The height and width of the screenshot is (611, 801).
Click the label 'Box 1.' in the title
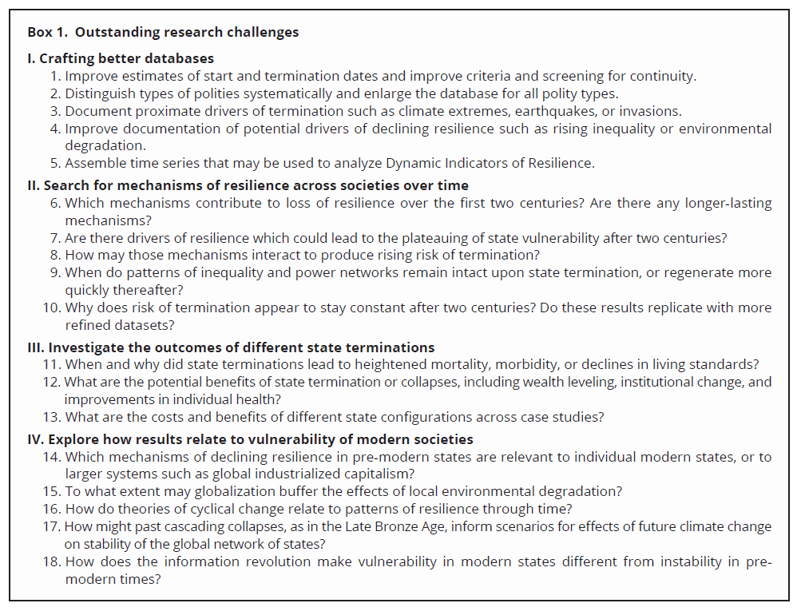[48, 33]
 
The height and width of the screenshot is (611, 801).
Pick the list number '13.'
[52, 417]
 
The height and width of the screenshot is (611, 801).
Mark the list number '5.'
[55, 163]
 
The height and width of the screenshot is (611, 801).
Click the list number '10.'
[52, 307]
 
